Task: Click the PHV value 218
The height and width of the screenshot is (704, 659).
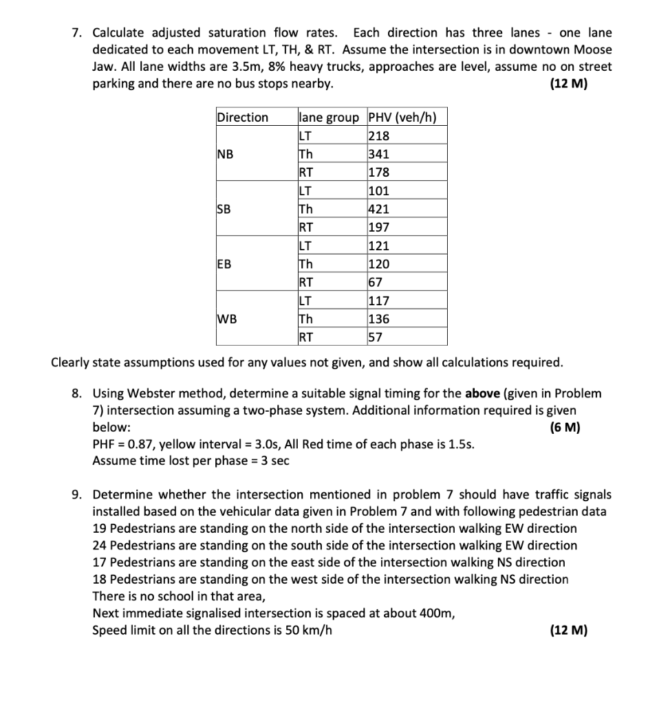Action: [x=379, y=135]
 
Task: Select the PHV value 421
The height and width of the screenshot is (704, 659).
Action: [x=379, y=209]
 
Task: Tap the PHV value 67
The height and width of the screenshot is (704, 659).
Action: [x=376, y=282]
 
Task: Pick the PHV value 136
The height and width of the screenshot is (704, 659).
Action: [x=379, y=319]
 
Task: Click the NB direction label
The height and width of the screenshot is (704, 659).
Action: [x=226, y=154]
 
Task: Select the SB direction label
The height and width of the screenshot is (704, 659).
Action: [x=225, y=209]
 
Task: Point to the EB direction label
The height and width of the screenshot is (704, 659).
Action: [x=225, y=264]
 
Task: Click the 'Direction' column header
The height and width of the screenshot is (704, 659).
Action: [x=243, y=117]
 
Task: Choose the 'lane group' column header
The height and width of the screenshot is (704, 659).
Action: [x=329, y=117]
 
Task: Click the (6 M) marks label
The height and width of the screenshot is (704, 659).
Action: [x=565, y=427]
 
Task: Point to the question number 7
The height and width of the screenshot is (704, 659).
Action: [x=78, y=33]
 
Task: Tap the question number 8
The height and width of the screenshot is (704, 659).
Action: [x=78, y=394]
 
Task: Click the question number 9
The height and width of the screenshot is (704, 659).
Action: [x=78, y=495]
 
